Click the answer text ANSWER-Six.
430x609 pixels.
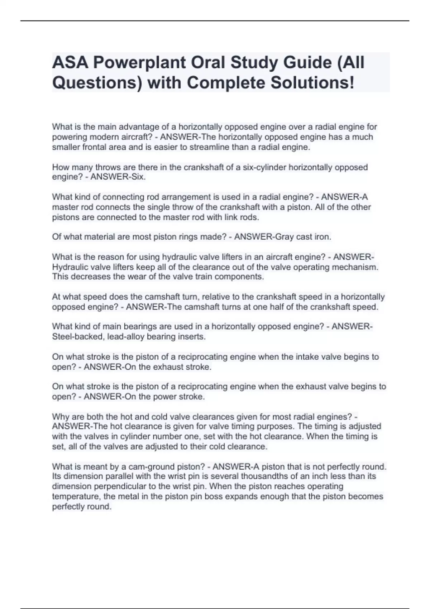(x=118, y=177)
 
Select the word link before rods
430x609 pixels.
(x=232, y=217)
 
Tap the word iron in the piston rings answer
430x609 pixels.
(x=322, y=237)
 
